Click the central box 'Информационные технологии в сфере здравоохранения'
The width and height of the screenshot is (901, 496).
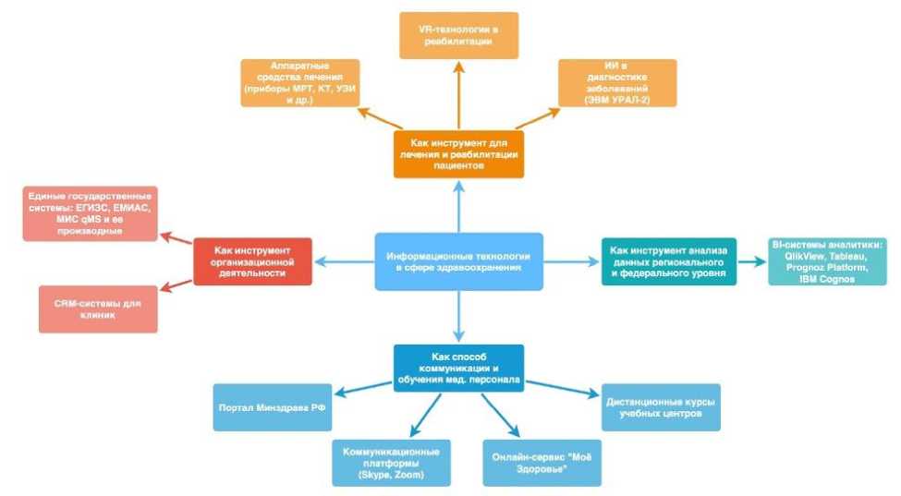(458, 261)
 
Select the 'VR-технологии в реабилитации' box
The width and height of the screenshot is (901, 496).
(458, 36)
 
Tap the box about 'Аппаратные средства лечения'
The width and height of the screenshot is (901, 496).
(299, 83)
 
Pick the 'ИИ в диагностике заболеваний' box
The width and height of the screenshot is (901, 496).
(617, 83)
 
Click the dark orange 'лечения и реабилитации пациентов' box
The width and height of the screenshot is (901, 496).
(458, 153)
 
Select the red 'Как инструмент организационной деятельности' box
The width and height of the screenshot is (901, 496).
(252, 261)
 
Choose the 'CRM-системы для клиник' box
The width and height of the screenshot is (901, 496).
(98, 308)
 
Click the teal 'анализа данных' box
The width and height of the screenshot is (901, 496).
(668, 261)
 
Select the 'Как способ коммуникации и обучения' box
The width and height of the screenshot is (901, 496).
(458, 368)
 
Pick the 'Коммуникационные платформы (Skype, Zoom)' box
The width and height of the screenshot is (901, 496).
(392, 463)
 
